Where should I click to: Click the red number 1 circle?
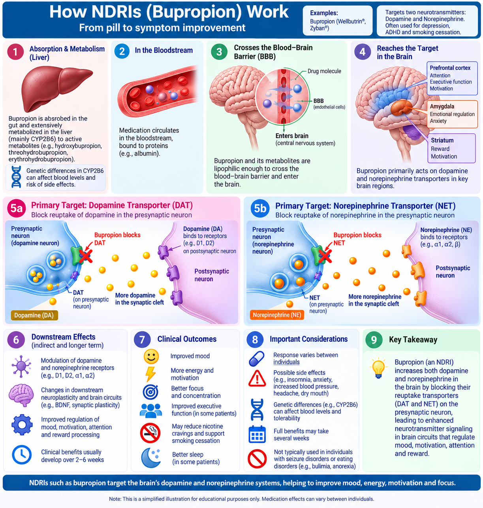(15, 52)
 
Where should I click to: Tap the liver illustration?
(56, 88)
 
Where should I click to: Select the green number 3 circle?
(219, 52)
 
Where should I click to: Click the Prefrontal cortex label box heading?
(450, 68)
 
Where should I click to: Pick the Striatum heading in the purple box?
(442, 140)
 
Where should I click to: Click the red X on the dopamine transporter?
(86, 256)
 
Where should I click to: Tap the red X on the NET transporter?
(325, 256)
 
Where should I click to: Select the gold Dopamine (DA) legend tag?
(34, 315)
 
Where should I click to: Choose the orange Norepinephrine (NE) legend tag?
(277, 315)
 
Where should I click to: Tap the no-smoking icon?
(150, 433)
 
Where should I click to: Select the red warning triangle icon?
(257, 378)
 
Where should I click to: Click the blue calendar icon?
(257, 434)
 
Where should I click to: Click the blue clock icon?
(22, 455)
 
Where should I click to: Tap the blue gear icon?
(22, 425)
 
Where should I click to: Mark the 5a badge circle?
(17, 208)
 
